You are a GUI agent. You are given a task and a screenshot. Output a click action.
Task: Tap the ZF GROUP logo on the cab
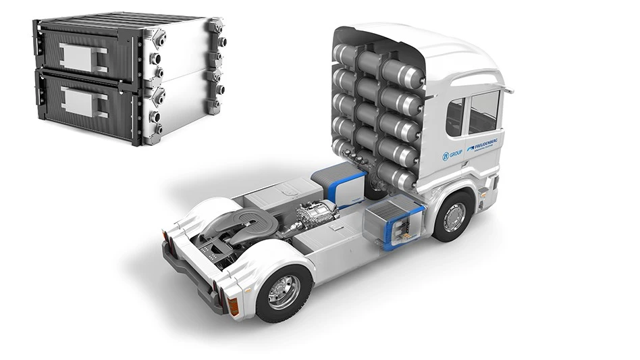tap(451, 155)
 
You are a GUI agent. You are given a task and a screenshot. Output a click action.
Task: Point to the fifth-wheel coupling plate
tap(233, 224)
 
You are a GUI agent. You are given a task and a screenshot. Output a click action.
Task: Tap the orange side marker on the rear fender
tap(234, 305)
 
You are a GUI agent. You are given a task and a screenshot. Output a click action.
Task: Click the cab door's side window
tap(483, 111)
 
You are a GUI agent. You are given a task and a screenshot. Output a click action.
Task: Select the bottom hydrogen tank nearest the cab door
tap(402, 176)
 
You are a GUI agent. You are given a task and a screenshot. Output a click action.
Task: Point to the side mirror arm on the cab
tap(506, 88)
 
